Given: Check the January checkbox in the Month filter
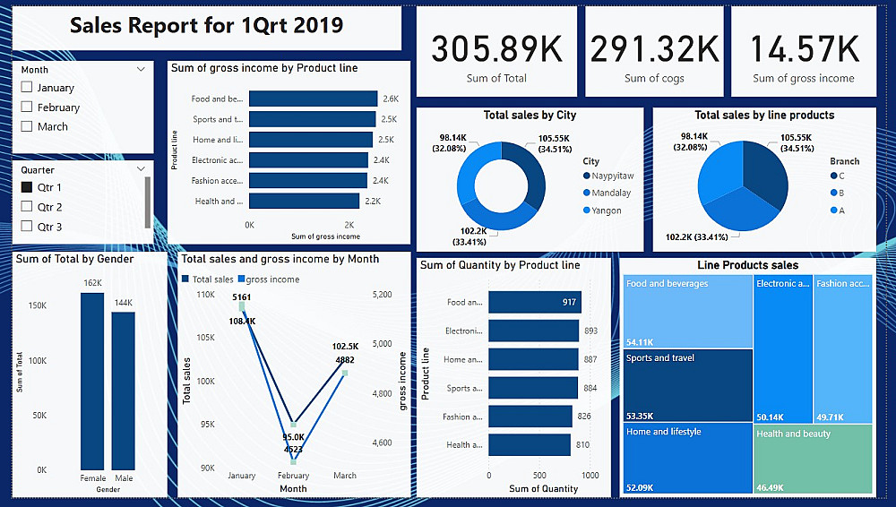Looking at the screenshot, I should click(27, 88).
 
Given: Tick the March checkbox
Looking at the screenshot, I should click(27, 126).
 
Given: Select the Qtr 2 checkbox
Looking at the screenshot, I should click(27, 207).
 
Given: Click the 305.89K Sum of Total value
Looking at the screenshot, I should click(496, 48).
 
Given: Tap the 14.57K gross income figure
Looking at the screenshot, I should click(804, 48).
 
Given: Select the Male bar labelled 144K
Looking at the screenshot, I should click(124, 390).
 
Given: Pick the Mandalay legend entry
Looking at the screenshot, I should click(611, 193).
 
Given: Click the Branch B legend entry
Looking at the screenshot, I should click(840, 193).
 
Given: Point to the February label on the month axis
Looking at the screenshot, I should click(293, 476).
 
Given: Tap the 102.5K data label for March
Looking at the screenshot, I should click(345, 346).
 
